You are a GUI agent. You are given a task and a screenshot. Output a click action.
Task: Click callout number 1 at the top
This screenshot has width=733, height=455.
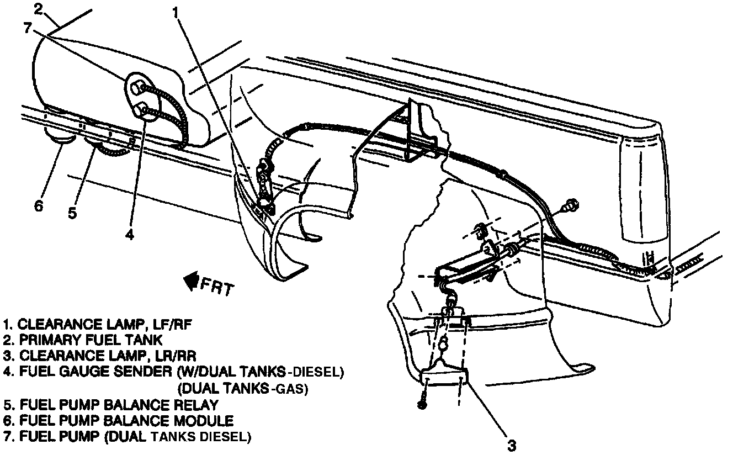point(176,12)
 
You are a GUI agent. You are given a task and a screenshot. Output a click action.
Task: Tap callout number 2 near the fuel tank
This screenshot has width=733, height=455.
point(38,9)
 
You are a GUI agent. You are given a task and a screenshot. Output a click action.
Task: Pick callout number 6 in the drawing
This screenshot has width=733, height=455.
point(38,206)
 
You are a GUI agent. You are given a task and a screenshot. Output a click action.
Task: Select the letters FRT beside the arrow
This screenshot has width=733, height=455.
point(217,287)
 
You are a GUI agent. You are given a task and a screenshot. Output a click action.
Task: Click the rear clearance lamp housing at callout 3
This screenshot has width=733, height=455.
point(445,379)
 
